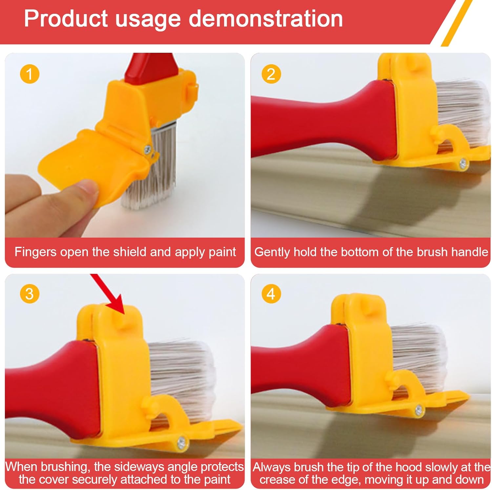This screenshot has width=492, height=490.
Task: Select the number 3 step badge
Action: click(x=30, y=293)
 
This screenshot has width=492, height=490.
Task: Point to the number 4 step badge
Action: click(x=271, y=293)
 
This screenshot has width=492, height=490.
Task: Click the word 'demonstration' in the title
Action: click(x=266, y=18)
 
